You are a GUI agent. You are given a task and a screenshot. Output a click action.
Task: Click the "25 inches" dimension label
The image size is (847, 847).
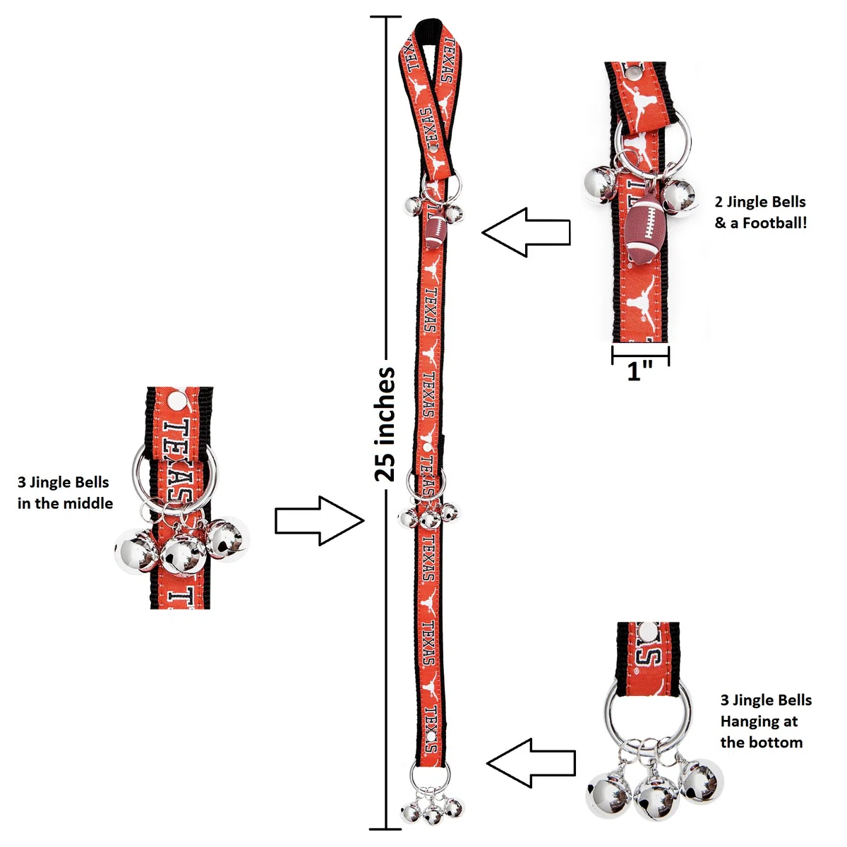click(x=385, y=424)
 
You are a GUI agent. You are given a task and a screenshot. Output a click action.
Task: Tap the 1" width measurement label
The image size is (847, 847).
click(x=639, y=371)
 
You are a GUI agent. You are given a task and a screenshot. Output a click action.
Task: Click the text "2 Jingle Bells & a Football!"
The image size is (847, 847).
click(x=760, y=212)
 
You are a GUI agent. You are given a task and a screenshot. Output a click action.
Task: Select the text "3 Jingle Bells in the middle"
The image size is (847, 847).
click(x=65, y=492)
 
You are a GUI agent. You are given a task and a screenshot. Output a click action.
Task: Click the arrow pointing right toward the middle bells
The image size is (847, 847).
click(x=320, y=521)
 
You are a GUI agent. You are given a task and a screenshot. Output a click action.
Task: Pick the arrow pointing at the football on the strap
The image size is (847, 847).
click(x=526, y=232)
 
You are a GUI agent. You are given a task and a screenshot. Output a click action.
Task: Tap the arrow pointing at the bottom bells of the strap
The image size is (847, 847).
click(x=531, y=763)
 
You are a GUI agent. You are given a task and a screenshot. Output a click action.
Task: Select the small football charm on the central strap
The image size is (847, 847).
click(x=435, y=231)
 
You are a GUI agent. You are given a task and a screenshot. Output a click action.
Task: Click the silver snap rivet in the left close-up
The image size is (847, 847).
click(x=178, y=400)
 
